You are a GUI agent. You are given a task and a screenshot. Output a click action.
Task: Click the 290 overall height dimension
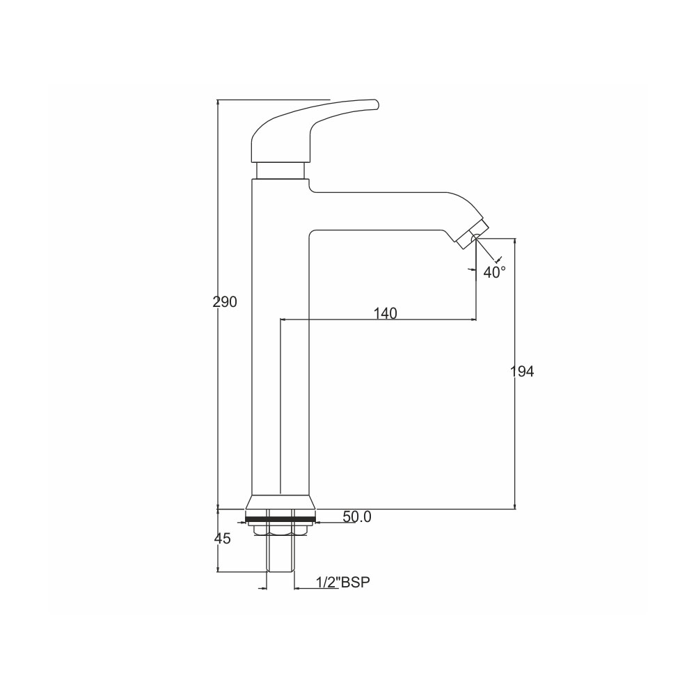pyautogui.click(x=225, y=302)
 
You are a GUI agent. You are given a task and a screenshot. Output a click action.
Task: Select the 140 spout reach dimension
pyautogui.click(x=386, y=313)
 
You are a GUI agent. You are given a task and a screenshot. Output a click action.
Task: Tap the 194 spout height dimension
pyautogui.click(x=521, y=371)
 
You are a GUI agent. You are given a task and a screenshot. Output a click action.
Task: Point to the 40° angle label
pyautogui.click(x=494, y=272)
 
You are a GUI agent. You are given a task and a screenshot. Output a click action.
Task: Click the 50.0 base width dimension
pyautogui.click(x=357, y=516)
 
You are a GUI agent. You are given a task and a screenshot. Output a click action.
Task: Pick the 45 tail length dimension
pyautogui.click(x=223, y=539)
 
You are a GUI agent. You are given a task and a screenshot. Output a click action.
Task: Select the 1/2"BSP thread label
pyautogui.click(x=342, y=582)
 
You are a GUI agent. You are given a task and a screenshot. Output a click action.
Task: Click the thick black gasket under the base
pyautogui.click(x=280, y=519)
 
